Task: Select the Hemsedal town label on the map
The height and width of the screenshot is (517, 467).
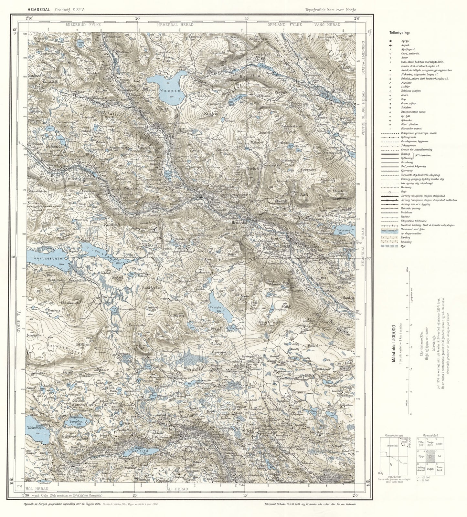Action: point(239,222)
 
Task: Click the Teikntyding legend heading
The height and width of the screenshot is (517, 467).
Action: point(399,33)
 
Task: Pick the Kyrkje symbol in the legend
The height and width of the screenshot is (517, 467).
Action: point(390,41)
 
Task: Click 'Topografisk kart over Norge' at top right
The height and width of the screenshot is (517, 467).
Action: point(331,10)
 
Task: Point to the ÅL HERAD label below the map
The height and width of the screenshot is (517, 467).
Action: point(176,489)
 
